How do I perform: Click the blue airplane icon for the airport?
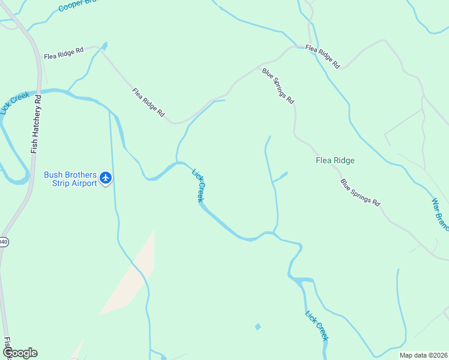106,178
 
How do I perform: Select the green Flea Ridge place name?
335,160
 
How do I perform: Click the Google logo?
20,353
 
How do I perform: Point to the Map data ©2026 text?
423,355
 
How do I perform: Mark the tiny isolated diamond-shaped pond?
258,326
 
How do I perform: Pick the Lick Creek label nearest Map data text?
317,326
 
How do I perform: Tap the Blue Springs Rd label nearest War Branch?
360,193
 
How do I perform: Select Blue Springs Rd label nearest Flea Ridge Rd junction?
278,85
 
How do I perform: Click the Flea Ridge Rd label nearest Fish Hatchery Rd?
64,53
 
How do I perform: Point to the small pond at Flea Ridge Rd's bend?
104,45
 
